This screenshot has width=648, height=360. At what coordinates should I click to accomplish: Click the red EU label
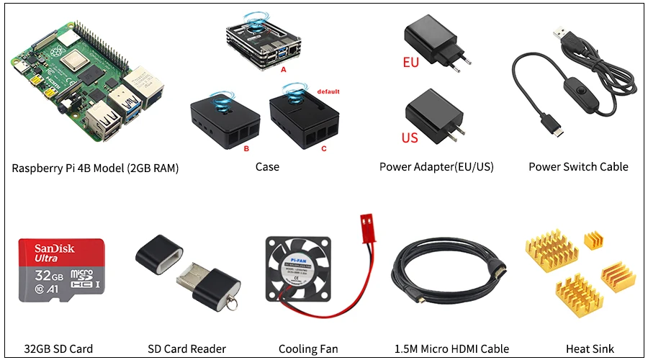(x=410, y=63)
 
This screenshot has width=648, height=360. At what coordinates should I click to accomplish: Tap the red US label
(x=410, y=137)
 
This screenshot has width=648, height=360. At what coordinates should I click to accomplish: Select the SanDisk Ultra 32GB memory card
(x=61, y=277)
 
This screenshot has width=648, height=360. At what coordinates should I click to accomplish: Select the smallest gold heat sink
(x=595, y=242)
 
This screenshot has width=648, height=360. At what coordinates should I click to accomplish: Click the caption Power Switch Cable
(x=578, y=167)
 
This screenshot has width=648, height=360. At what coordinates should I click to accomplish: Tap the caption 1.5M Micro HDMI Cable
(x=451, y=349)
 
